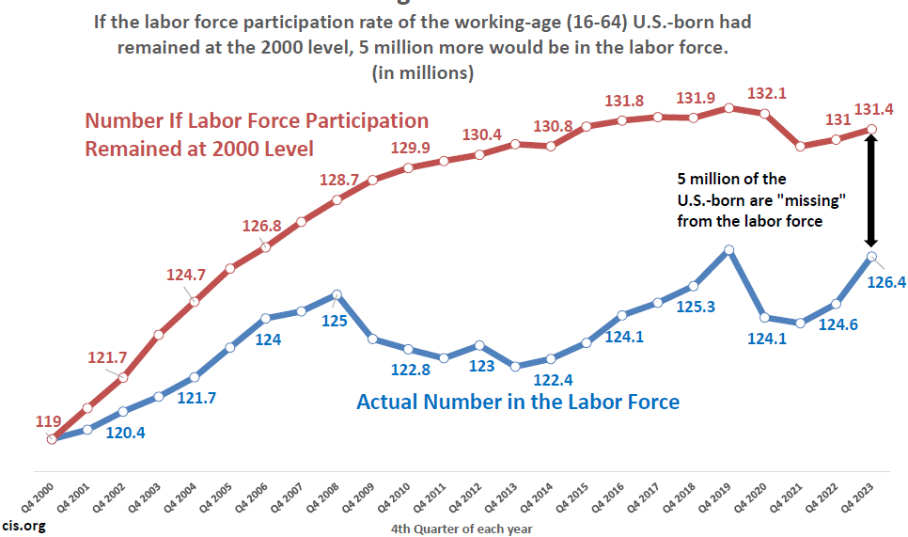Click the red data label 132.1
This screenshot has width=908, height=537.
(x=766, y=93)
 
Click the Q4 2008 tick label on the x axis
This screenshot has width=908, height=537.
(x=325, y=492)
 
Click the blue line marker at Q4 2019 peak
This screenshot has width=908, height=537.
(x=728, y=249)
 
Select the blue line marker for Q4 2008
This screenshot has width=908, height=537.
(x=337, y=294)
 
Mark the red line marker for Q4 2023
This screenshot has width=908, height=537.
(x=871, y=129)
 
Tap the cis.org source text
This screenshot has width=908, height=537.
(x=23, y=525)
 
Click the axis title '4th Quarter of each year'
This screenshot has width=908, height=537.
(x=462, y=528)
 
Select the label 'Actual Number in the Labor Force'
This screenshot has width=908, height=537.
(x=518, y=402)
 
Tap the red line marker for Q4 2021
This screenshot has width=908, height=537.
(x=800, y=146)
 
